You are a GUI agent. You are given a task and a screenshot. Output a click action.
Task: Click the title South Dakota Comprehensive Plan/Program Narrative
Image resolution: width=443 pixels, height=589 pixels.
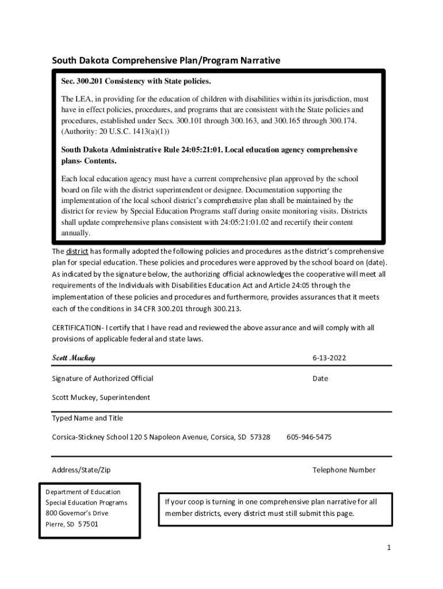point(166,60)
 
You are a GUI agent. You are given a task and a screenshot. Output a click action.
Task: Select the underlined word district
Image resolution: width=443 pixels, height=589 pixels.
point(77,251)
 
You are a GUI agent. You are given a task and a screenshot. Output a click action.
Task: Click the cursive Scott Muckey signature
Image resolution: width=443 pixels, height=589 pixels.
point(74,358)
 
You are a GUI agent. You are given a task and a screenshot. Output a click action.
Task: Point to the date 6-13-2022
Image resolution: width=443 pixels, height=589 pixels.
point(329,358)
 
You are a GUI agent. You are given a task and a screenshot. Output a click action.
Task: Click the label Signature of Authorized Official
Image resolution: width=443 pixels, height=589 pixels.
point(102,378)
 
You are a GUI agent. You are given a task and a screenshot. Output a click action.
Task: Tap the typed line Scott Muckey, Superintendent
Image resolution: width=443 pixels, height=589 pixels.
point(101,397)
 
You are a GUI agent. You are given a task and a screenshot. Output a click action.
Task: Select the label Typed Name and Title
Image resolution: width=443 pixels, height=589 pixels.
point(87,418)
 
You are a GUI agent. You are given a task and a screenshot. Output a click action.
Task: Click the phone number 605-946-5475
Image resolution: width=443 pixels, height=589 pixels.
point(309,437)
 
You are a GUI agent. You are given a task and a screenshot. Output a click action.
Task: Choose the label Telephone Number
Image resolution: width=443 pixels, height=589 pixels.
point(343,470)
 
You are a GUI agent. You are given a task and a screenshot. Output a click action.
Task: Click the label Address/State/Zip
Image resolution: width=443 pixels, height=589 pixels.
point(81,470)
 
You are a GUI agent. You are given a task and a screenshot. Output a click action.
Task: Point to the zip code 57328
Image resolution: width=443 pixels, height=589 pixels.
point(260,437)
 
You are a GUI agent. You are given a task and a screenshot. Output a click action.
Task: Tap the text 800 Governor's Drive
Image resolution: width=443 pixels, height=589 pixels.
point(77,513)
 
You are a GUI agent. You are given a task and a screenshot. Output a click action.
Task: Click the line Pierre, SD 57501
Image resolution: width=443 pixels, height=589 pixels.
point(72,524)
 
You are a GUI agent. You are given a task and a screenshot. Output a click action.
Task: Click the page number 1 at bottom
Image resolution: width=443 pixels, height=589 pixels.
point(389,548)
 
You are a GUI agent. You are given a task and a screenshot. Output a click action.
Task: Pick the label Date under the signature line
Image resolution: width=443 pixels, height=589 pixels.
point(320,378)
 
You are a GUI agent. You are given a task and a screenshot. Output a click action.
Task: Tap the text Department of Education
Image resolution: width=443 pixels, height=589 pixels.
point(83,492)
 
